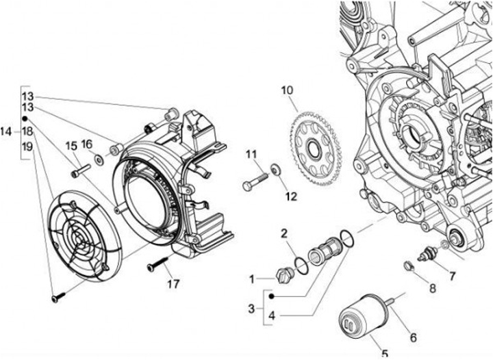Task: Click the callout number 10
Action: (287, 90)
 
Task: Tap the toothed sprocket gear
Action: (316, 147)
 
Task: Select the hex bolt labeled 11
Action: (255, 182)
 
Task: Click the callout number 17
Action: (173, 284)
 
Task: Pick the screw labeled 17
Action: (158, 263)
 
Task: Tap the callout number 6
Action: (413, 337)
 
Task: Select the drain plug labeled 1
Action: (285, 276)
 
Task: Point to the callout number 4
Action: (272, 316)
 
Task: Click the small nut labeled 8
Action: (408, 266)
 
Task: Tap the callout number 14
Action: (5, 131)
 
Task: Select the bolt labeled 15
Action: (81, 170)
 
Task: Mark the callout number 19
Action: (27, 146)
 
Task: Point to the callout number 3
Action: (251, 309)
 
